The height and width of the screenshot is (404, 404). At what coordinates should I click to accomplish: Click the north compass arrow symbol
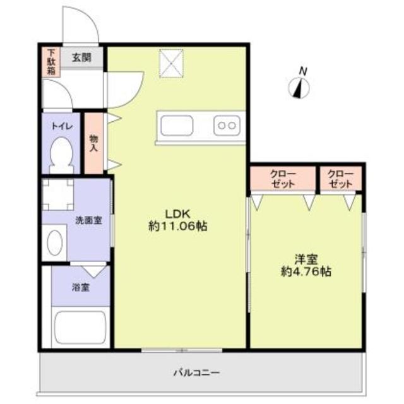coord(298,88)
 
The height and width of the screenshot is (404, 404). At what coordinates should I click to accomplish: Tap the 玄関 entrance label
coord(81,57)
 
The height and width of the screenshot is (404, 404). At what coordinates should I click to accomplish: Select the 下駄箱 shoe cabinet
coord(50,62)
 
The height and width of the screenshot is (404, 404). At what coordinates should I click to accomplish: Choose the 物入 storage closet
coord(94,143)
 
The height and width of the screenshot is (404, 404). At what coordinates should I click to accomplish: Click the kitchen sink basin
coord(179,125)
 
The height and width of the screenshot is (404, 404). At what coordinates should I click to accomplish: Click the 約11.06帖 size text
coord(178,225)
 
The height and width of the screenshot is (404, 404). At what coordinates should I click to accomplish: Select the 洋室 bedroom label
coord(307,259)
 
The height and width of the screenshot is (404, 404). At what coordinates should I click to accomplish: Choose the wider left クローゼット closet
coord(282,177)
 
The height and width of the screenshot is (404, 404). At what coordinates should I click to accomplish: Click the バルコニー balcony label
coord(198,372)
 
